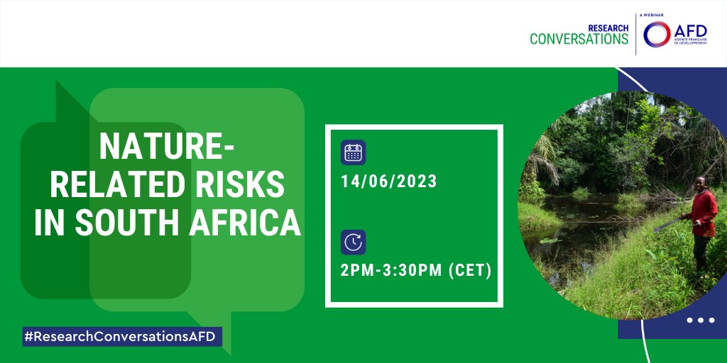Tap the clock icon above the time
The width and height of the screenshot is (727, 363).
(353, 242)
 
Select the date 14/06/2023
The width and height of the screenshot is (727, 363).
(388, 181)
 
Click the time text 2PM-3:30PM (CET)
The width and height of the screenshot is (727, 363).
(415, 270)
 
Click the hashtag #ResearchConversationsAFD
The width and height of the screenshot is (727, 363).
(121, 337)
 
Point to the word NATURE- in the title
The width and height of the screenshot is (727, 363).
(167, 147)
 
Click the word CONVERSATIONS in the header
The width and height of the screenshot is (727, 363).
(579, 39)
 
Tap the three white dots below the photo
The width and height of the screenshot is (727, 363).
(700, 320)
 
